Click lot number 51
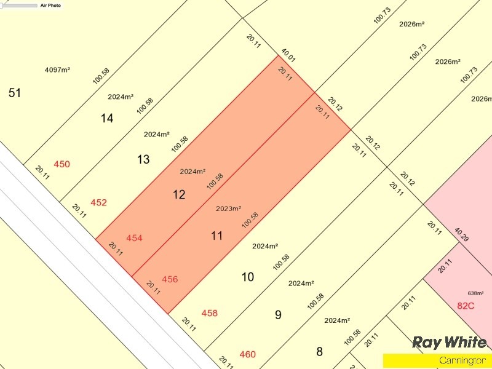click(15, 93)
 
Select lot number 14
click(107, 118)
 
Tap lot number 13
click(143, 159)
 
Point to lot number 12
click(179, 195)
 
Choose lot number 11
click(216, 236)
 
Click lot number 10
click(247, 277)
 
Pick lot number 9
click(278, 315)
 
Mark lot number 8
click(319, 352)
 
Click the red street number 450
click(62, 164)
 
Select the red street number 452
click(98, 202)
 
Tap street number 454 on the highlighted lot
click(134, 238)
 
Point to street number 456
click(170, 279)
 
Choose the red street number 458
click(210, 313)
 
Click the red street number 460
click(247, 354)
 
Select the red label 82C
click(466, 305)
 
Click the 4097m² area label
click(57, 69)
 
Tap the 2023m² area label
click(228, 208)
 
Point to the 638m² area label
click(475, 293)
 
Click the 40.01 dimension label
click(288, 55)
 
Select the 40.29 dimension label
click(461, 234)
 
